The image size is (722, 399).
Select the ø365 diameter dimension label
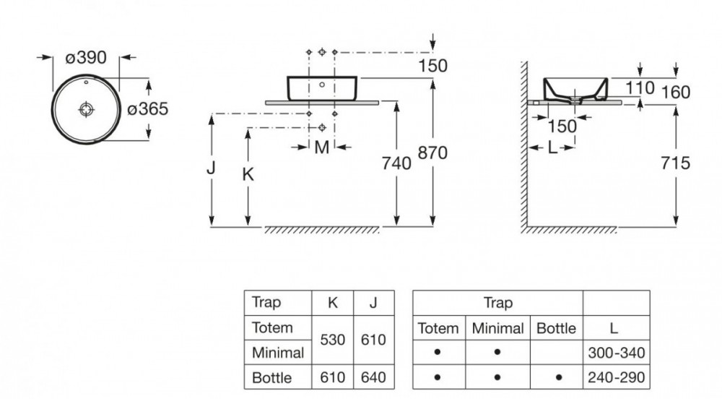click(147, 109)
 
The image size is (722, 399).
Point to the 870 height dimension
click(432, 153)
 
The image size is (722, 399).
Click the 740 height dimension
click(396, 163)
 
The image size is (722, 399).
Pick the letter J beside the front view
click(211, 168)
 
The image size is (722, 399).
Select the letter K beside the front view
click(248, 174)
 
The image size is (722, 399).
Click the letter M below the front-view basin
click(322, 148)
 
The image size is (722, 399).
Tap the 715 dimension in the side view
click(675, 163)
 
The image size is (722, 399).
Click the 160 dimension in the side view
click(675, 93)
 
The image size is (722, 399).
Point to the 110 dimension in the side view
click(640, 88)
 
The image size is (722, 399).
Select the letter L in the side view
click(552, 148)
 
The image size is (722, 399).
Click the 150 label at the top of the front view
click(432, 66)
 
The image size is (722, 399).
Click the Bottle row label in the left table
click(272, 377)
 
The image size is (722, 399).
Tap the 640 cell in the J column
click(373, 377)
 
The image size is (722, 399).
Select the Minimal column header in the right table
click(497, 328)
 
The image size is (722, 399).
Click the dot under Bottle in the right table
click(556, 377)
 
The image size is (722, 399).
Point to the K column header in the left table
click(332, 303)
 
